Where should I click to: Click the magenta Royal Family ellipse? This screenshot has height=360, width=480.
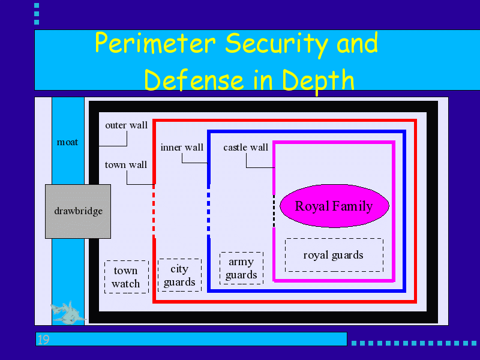(334, 206)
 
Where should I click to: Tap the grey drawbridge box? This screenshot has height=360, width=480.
(78, 211)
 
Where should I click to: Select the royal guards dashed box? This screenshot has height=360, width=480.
(334, 255)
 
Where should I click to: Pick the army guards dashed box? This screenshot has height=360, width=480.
(241, 268)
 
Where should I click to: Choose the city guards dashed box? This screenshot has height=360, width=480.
(179, 275)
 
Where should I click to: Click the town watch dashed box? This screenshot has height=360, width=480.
(126, 277)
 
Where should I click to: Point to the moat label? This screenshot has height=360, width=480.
(67, 142)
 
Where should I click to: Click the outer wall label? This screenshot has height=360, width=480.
(126, 125)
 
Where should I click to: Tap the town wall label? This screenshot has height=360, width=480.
(126, 165)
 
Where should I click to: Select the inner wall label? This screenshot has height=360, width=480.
(182, 148)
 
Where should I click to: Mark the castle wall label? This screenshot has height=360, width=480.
(245, 148)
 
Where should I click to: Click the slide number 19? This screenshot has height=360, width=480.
(43, 340)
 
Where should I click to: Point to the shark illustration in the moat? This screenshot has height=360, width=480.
(67, 312)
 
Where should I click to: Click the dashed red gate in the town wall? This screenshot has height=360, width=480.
(154, 211)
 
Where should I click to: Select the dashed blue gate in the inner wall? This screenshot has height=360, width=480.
(208, 211)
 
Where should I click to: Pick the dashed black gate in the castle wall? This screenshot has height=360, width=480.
(274, 211)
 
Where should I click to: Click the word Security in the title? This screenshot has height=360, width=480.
(277, 44)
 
